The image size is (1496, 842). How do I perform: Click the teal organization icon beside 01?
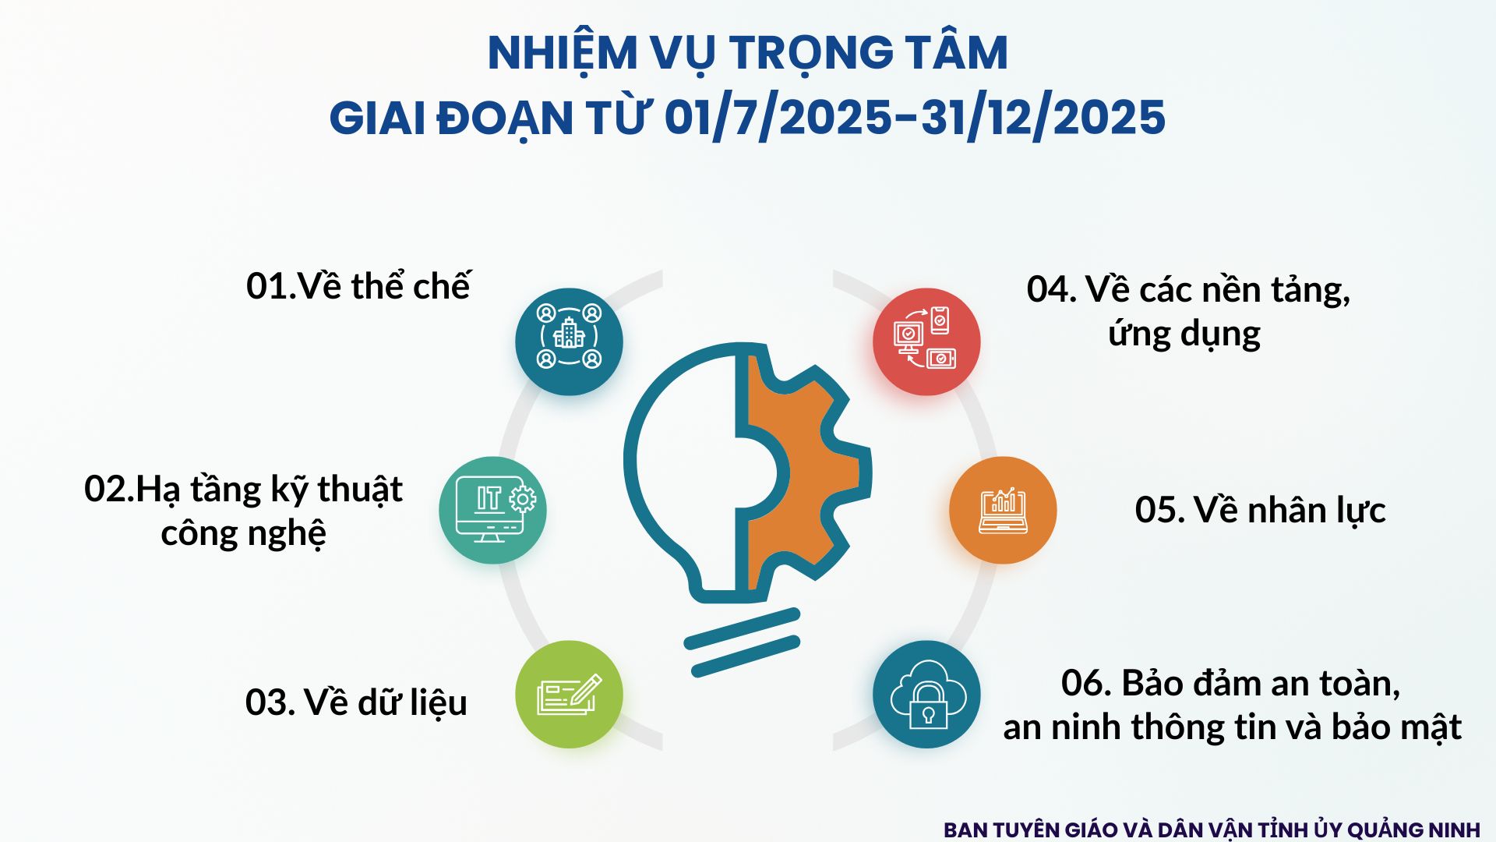569,341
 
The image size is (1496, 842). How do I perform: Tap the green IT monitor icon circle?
492,510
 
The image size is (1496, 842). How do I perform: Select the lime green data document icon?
569,694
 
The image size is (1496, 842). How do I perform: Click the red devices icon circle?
926,341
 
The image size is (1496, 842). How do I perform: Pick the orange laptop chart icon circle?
1003,510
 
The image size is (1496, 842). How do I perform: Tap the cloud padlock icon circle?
926,694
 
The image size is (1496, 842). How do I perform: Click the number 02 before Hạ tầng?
107,490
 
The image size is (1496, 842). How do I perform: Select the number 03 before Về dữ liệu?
267,702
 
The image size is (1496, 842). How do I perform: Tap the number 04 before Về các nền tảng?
1049,290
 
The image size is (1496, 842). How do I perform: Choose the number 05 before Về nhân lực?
1157,511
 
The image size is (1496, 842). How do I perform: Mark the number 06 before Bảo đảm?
1083,684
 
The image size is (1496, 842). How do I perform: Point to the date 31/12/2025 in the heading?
1043,119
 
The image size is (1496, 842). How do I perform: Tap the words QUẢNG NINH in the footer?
1413,830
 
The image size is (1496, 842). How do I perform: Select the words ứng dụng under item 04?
1184,334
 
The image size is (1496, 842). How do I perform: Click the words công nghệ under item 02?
243,534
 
